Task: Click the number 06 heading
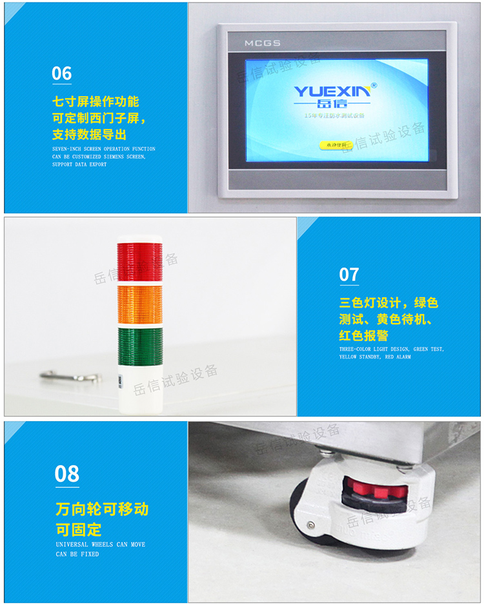tap(62, 74)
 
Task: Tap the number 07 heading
tap(349, 275)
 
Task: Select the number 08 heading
tap(67, 475)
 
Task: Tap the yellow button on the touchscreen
tap(336, 145)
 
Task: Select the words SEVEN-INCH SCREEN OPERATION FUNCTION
tap(103, 149)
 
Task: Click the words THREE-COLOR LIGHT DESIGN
tap(374, 349)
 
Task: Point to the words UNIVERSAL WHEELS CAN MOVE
tap(100, 544)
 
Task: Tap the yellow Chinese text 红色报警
tap(364, 335)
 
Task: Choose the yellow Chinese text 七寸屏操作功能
tap(96, 102)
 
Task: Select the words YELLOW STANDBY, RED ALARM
tap(374, 357)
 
